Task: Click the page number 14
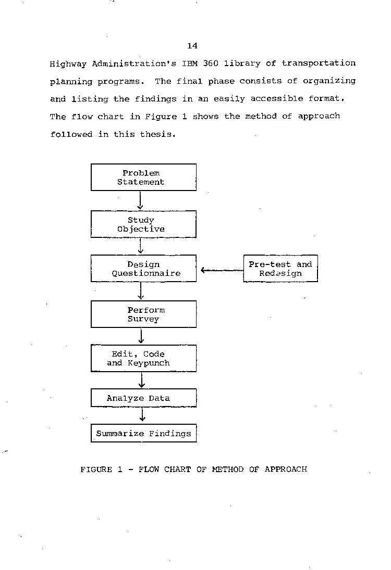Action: pyautogui.click(x=192, y=46)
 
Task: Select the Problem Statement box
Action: pyautogui.click(x=143, y=178)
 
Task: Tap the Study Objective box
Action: pyautogui.click(x=143, y=224)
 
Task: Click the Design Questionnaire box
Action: pyautogui.click(x=143, y=269)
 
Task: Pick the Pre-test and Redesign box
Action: pyautogui.click(x=280, y=269)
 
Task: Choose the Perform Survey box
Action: pyautogui.click(x=143, y=314)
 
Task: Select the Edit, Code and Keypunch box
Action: pyautogui.click(x=143, y=359)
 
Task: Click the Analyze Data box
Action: pyautogui.click(x=143, y=398)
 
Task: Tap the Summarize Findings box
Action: pyautogui.click(x=143, y=433)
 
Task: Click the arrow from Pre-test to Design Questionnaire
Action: pyautogui.click(x=222, y=270)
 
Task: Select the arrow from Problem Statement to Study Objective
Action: pyautogui.click(x=140, y=200)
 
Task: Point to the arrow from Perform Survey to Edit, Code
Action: pyautogui.click(x=141, y=336)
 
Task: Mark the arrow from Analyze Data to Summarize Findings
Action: pyautogui.click(x=142, y=415)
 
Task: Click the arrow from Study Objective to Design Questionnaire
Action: pyautogui.click(x=141, y=246)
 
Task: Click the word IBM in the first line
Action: pyautogui.click(x=190, y=64)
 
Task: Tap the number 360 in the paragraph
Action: pyautogui.click(x=211, y=64)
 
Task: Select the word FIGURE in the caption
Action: pyautogui.click(x=96, y=470)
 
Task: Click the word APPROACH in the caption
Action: pyautogui.click(x=286, y=470)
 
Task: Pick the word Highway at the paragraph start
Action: pyautogui.click(x=68, y=65)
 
